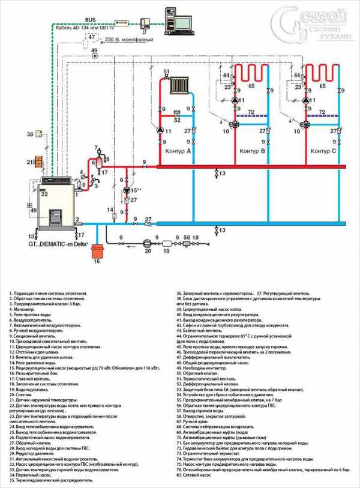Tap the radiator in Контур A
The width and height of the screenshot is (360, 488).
[x=179, y=85]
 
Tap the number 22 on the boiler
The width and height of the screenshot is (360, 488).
[x=44, y=193]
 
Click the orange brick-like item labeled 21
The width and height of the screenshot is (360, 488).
[x=38, y=161]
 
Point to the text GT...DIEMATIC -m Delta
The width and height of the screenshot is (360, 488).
[x=60, y=244]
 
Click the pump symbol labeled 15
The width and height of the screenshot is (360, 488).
[x=126, y=191]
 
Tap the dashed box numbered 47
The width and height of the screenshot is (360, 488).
[x=91, y=38]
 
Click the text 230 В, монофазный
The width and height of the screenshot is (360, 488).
[x=128, y=40]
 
